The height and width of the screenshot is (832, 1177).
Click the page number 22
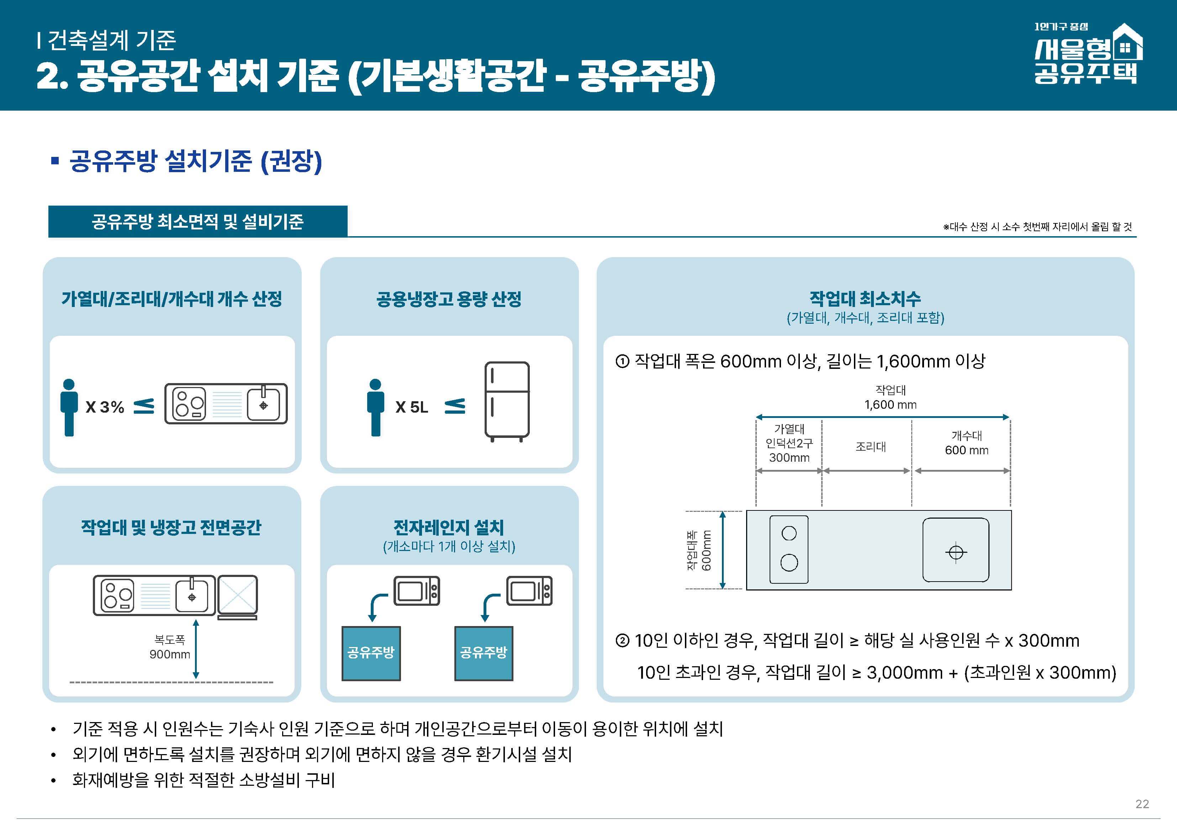tap(1142, 804)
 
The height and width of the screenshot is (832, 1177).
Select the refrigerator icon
tap(507, 401)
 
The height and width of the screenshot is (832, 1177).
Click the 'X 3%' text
tap(105, 407)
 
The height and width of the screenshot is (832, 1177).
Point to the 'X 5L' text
tap(412, 407)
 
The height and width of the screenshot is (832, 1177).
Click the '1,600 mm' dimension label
tap(891, 404)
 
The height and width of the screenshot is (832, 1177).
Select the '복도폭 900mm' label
tap(170, 647)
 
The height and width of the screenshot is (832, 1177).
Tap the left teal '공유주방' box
tap(371, 653)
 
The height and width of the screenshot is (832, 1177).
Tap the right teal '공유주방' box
tap(484, 653)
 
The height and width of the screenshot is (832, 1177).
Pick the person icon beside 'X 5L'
tap(375, 408)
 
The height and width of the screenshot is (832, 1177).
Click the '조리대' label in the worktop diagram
tap(870, 446)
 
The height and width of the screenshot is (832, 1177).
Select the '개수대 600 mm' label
tap(966, 443)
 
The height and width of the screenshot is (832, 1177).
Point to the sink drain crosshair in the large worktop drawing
tap(956, 553)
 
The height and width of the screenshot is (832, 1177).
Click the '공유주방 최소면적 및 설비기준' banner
tap(197, 222)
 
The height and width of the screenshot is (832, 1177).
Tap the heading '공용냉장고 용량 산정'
tap(449, 299)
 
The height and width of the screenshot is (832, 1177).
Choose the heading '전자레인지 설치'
tap(449, 527)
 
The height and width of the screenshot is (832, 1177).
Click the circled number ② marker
tap(622, 641)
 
